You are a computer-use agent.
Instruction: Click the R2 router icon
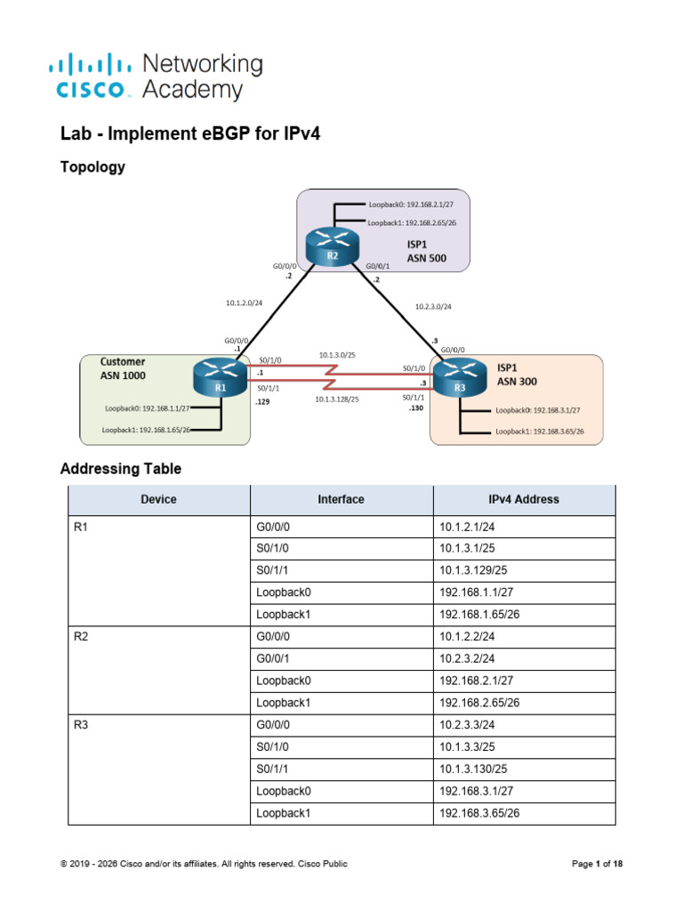click(333, 246)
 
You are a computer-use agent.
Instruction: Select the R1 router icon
click(220, 377)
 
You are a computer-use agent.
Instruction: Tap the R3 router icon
click(460, 377)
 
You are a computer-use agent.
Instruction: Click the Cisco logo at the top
click(90, 77)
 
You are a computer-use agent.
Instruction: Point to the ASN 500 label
click(426, 259)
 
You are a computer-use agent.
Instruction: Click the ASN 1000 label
click(123, 375)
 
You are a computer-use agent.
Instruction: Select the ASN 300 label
click(517, 382)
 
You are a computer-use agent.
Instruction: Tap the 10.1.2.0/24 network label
click(244, 302)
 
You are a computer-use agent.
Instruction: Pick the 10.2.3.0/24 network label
click(433, 306)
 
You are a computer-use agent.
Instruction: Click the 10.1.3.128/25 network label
click(337, 399)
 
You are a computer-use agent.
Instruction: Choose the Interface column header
click(341, 499)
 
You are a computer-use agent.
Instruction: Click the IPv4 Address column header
click(524, 499)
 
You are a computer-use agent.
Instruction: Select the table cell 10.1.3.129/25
click(473, 570)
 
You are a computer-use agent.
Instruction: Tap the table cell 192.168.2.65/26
click(479, 703)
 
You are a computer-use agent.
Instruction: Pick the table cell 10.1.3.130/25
click(473, 770)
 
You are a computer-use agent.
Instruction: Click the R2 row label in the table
click(81, 637)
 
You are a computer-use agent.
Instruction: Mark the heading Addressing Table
click(121, 469)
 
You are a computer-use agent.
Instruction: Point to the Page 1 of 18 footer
click(597, 864)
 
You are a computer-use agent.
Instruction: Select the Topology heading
click(92, 167)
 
